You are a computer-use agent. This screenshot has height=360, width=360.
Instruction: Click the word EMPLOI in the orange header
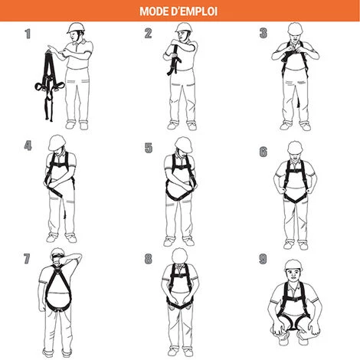[x=198, y=11]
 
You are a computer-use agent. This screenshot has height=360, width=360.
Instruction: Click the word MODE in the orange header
[x=155, y=11]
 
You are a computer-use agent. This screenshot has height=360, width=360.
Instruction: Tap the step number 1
[x=28, y=33]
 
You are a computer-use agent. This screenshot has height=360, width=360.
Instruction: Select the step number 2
[x=149, y=33]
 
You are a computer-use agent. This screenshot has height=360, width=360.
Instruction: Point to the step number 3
[x=263, y=33]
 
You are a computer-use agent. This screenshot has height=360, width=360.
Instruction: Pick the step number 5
[x=149, y=148]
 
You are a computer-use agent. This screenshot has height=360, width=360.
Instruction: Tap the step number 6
[x=263, y=152]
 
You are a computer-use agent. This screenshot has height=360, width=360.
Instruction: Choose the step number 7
[x=28, y=258]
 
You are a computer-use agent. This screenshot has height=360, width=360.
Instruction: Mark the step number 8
[x=149, y=258]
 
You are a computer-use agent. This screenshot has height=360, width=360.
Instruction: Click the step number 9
[x=263, y=258]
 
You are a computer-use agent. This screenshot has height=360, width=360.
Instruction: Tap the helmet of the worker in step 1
[x=74, y=28]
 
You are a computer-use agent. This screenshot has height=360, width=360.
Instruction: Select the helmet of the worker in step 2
[x=183, y=28]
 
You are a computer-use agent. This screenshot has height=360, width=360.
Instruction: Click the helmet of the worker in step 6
[x=294, y=145]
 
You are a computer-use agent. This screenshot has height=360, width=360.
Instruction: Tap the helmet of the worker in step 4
[x=57, y=142]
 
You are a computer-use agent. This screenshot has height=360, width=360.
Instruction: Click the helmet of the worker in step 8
[x=181, y=254]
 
